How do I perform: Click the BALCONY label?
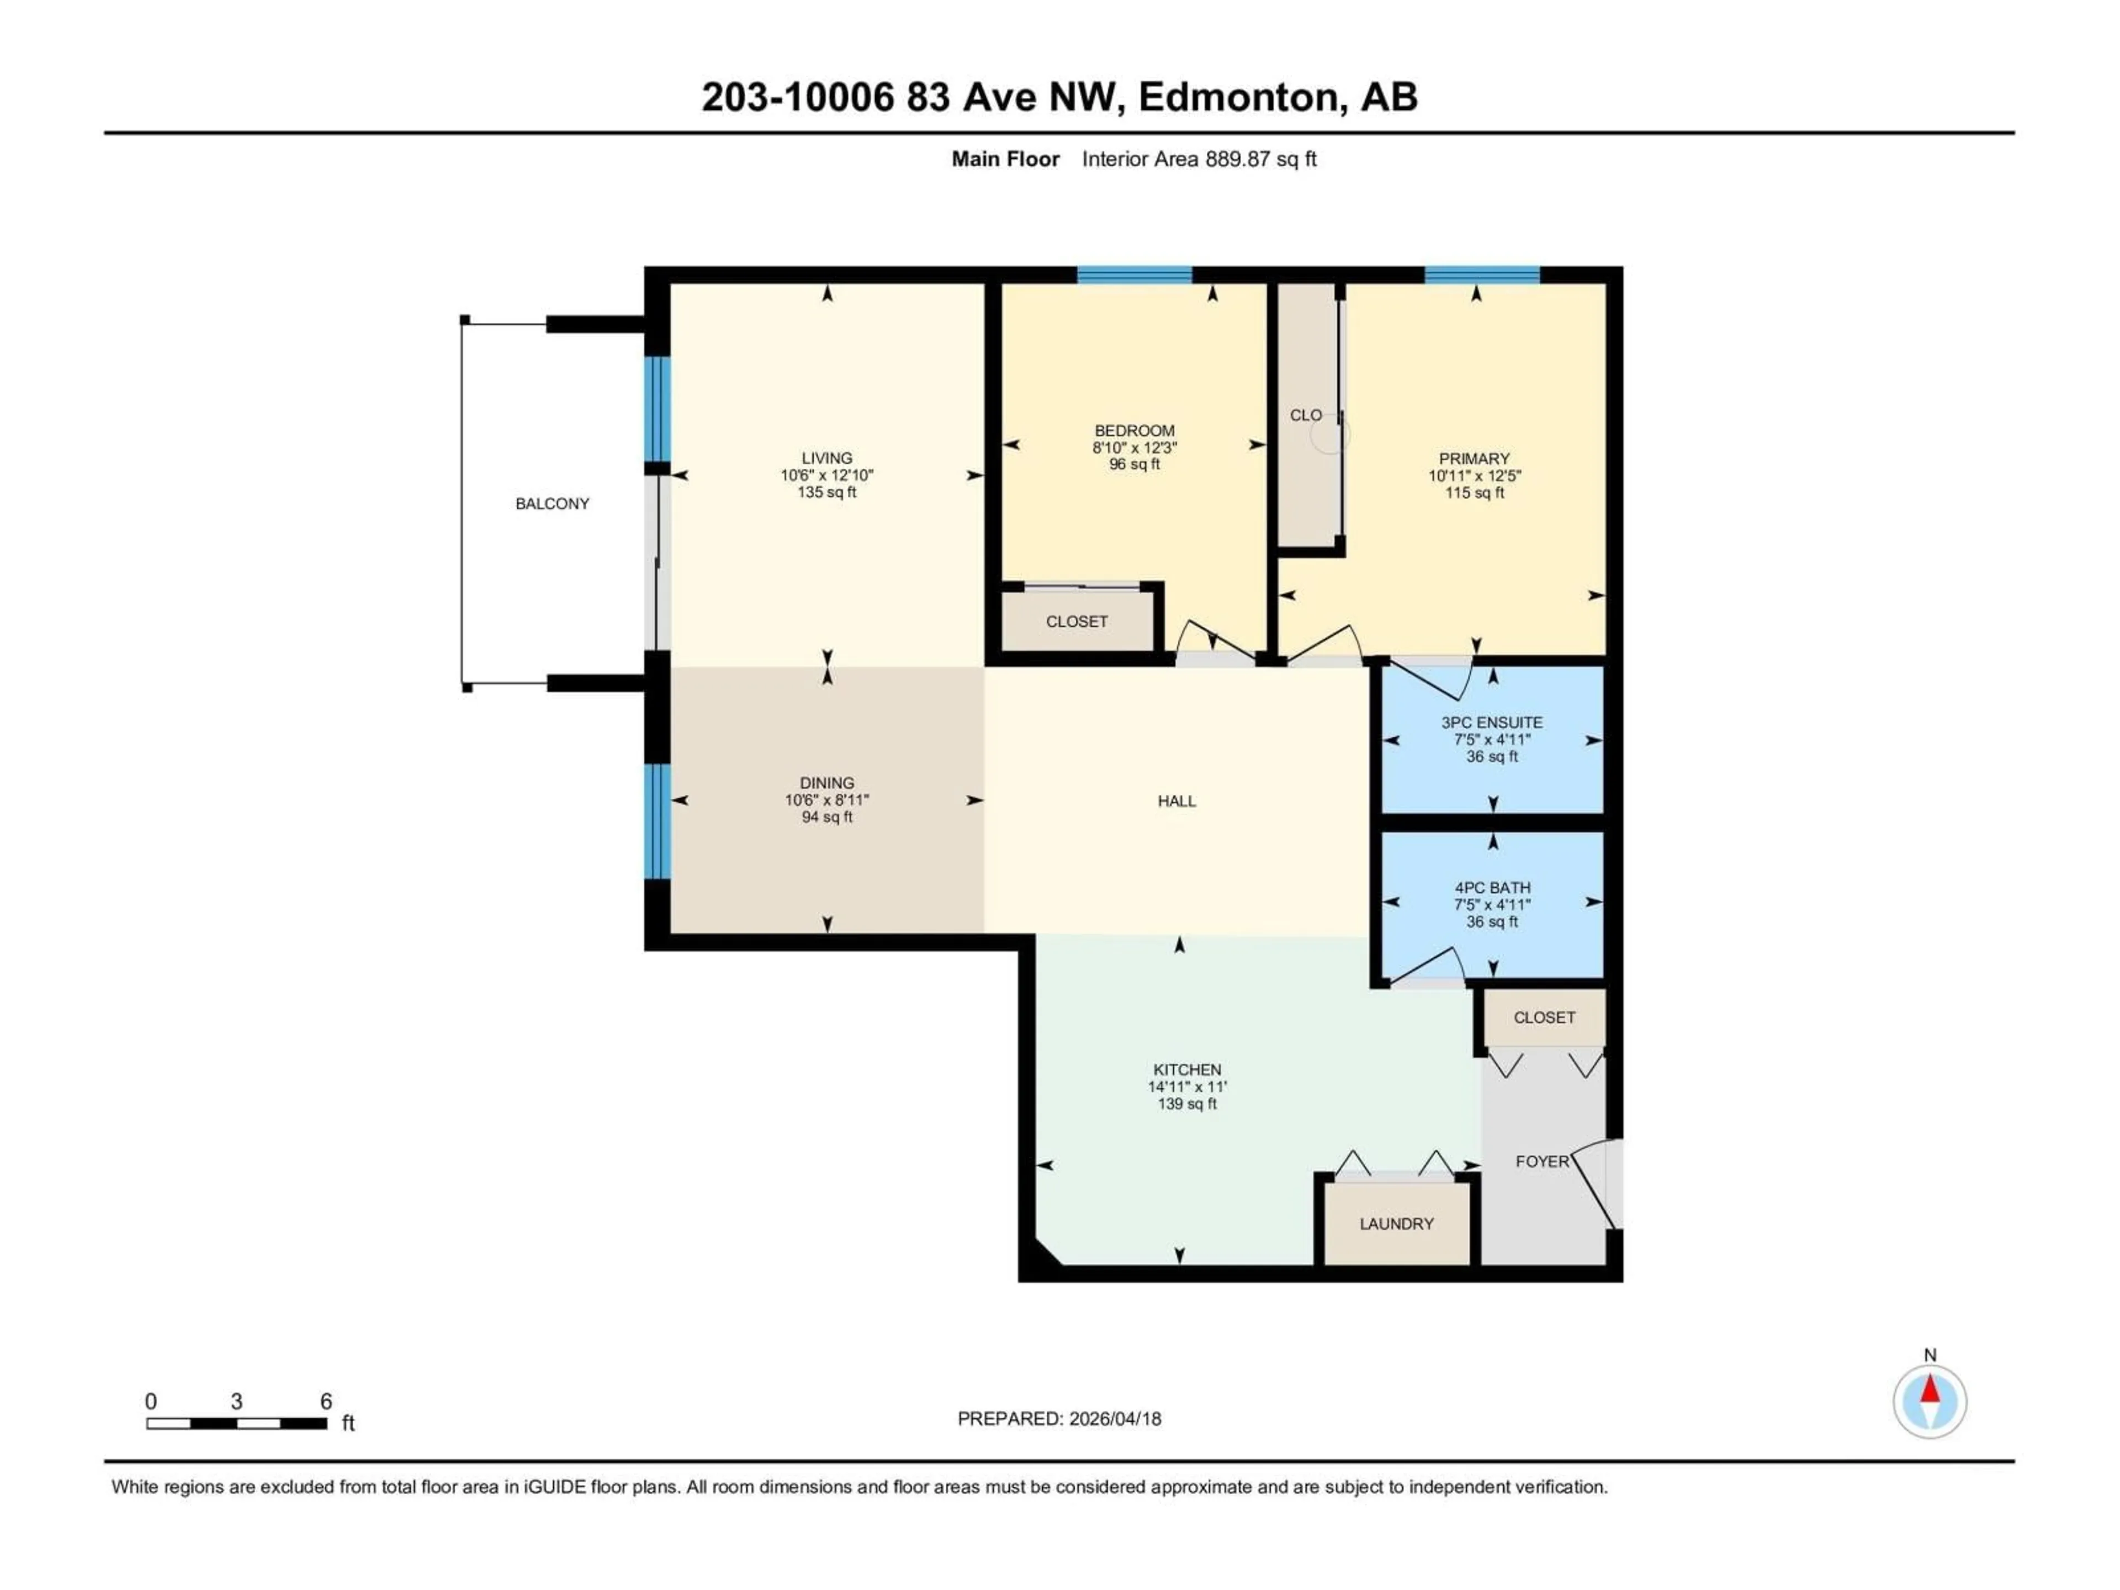tap(552, 503)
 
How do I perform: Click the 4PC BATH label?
tap(1492, 888)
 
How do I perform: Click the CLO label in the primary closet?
tap(1305, 415)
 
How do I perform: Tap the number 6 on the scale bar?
tap(326, 1401)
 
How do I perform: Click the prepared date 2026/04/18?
tap(1112, 1418)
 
